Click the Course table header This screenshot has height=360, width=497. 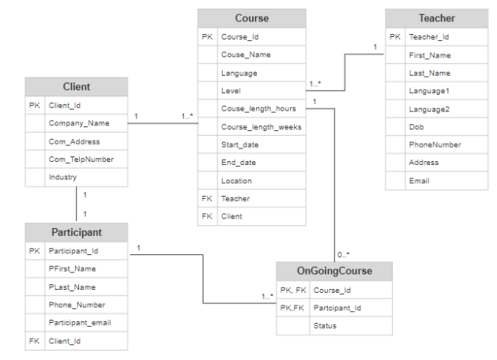(x=251, y=18)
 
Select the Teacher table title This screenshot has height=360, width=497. (x=436, y=18)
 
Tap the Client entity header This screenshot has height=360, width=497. (x=76, y=87)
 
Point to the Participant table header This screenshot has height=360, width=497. (x=76, y=233)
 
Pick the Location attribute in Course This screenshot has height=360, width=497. (x=236, y=181)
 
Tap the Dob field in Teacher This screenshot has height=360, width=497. (x=416, y=126)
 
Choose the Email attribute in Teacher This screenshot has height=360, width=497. (x=419, y=181)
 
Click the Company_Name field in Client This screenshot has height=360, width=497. (x=78, y=123)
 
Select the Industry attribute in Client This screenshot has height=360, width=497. (x=62, y=177)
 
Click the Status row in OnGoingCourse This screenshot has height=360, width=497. (x=325, y=325)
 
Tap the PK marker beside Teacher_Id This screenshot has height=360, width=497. (x=395, y=36)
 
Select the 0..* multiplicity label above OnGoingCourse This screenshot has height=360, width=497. (x=342, y=254)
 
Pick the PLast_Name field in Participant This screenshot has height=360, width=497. (x=71, y=287)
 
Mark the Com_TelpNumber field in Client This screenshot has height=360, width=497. (x=81, y=159)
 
